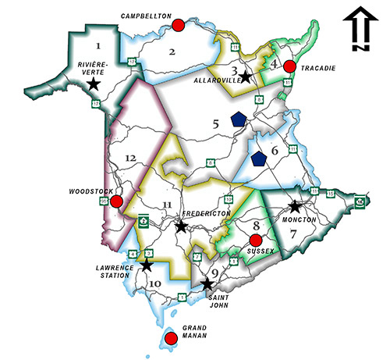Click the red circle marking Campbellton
pyautogui.click(x=179, y=25)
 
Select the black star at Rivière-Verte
pyautogui.click(x=94, y=83)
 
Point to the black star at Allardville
pyautogui.click(x=246, y=77)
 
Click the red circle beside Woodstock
pyautogui.click(x=116, y=202)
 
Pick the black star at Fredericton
pyautogui.click(x=180, y=226)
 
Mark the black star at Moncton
pyautogui.click(x=295, y=207)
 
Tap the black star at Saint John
pyautogui.click(x=207, y=285)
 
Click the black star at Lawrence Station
pyautogui.click(x=146, y=266)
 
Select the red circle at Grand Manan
pyautogui.click(x=170, y=338)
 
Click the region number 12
pyautogui.click(x=129, y=159)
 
